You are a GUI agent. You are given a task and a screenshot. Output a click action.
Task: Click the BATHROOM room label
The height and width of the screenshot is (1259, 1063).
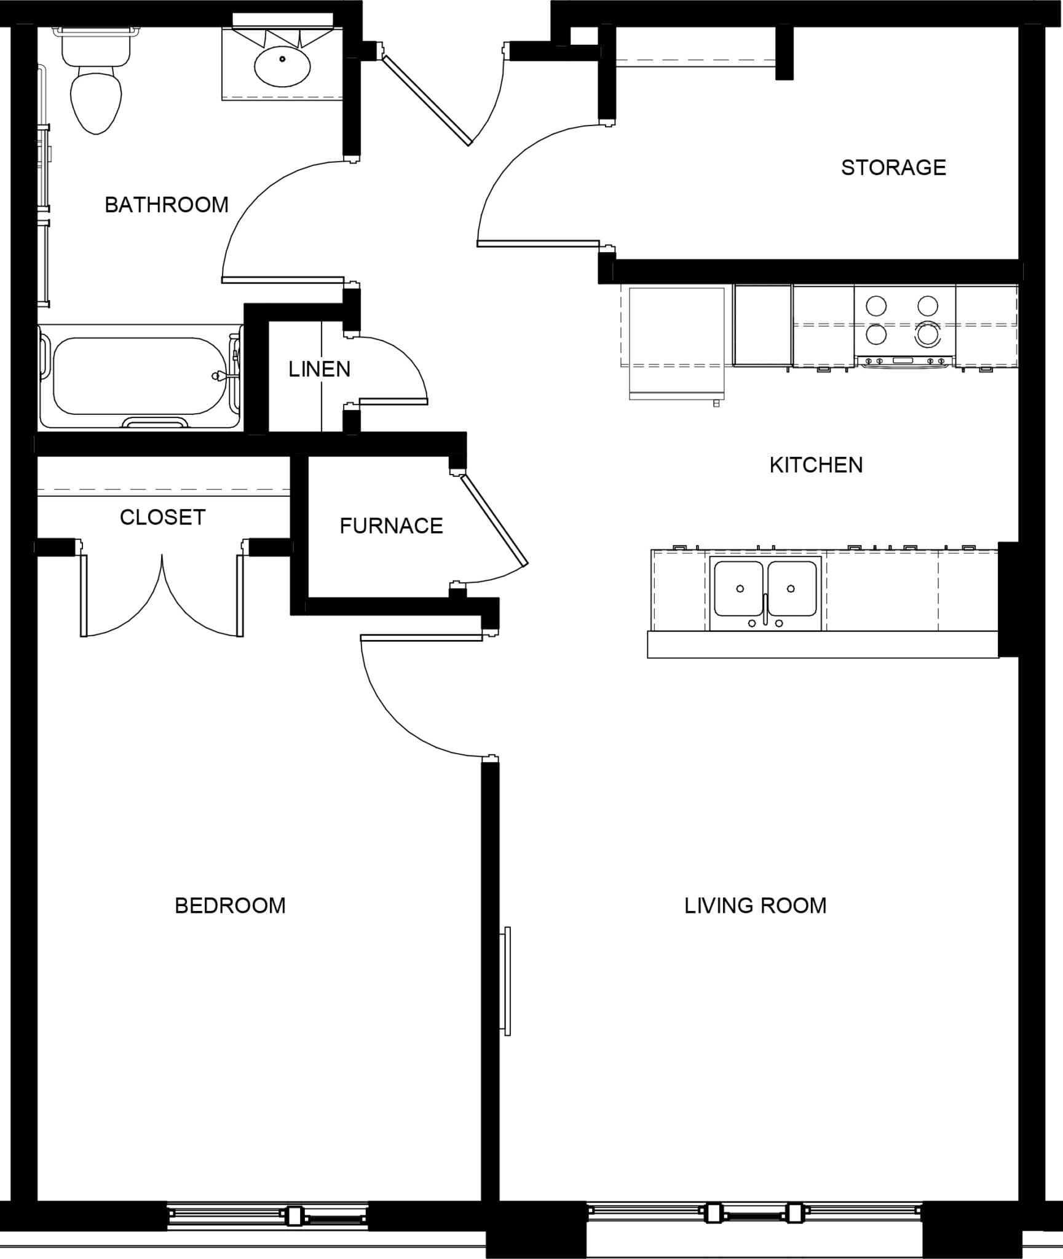click(x=167, y=205)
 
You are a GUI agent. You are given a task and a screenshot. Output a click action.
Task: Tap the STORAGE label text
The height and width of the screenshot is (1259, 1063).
click(x=893, y=168)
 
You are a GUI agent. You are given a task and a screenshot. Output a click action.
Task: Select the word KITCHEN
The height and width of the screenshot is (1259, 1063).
click(x=816, y=465)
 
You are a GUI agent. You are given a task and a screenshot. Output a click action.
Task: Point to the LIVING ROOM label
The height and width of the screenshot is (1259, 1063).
click(x=755, y=906)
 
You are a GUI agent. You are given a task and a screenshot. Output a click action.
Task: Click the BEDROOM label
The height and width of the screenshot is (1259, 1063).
click(x=230, y=906)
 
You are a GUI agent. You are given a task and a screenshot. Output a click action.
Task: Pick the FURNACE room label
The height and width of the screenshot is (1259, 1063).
click(x=391, y=526)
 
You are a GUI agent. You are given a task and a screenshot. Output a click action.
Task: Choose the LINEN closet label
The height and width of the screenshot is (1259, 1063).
click(x=319, y=369)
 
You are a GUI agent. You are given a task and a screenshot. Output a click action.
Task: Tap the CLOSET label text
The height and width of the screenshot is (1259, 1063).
click(x=162, y=517)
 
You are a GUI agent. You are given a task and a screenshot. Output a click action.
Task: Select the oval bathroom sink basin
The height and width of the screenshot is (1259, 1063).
click(x=282, y=67)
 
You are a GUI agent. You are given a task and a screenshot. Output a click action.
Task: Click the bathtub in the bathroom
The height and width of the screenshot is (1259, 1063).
click(x=140, y=376)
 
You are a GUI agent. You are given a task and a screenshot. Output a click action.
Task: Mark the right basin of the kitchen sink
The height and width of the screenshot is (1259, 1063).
click(x=792, y=588)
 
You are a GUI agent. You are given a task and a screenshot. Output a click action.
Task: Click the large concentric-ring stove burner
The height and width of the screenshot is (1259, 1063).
click(x=928, y=334)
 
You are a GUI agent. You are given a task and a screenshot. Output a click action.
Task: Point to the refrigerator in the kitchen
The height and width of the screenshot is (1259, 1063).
click(x=676, y=342)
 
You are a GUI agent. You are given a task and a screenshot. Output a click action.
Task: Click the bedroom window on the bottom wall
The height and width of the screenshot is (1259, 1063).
click(x=267, y=1216)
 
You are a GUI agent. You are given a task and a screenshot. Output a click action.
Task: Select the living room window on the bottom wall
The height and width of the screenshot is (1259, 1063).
click(x=754, y=1213)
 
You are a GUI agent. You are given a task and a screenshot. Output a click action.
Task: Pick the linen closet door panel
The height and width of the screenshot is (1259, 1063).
click(x=393, y=401)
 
